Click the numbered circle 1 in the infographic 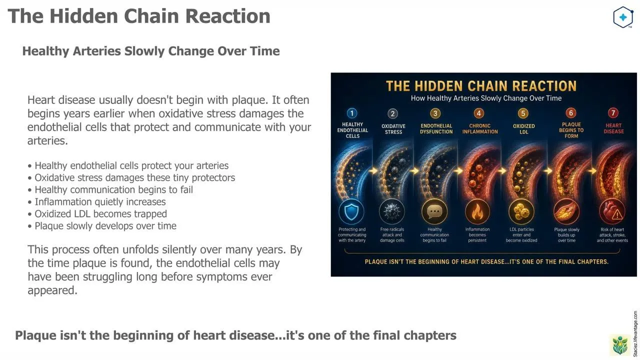351,113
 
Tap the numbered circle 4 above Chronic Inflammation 479,113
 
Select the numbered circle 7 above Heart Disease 613,113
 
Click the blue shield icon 351,211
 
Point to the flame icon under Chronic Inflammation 477,211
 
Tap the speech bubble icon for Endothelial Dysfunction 434,211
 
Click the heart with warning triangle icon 612,211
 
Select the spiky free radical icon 391,211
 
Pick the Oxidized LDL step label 523,129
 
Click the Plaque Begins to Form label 571,130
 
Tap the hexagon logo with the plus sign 623,17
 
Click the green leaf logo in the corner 620,345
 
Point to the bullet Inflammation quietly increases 97,202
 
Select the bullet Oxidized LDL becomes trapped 97,214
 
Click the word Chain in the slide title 151,16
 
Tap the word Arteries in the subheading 96,51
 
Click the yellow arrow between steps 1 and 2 373,171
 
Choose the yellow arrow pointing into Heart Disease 592,171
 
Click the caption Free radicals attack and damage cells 392,235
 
